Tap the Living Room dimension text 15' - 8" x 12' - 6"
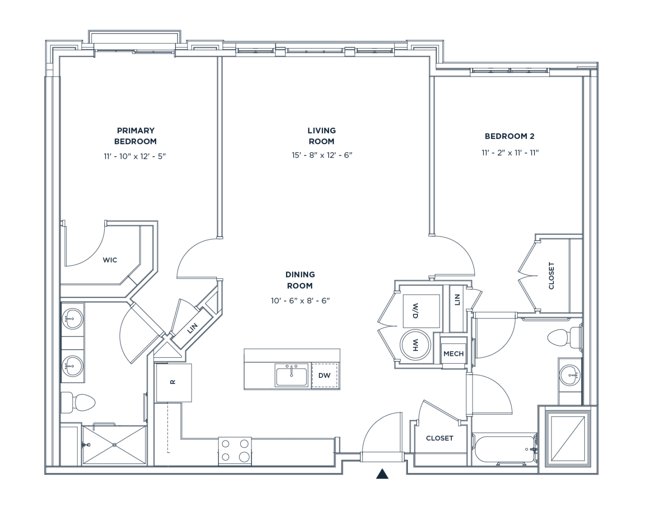click(x=322, y=155)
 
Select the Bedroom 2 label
click(x=509, y=136)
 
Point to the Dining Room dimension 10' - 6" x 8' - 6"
click(x=300, y=301)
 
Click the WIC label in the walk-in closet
click(x=110, y=260)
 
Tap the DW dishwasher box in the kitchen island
click(x=325, y=375)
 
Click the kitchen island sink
click(x=291, y=375)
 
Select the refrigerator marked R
click(x=173, y=383)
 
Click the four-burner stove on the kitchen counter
click(x=235, y=450)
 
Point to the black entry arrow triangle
click(x=382, y=474)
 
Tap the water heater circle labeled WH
click(x=415, y=345)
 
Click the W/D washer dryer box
click(x=421, y=311)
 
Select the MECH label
click(x=454, y=354)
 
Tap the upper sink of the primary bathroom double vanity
click(x=72, y=318)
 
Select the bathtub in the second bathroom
click(x=504, y=449)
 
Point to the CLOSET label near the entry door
click(x=439, y=438)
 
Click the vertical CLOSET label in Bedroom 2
click(x=551, y=276)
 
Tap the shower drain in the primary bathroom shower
click(x=114, y=445)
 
